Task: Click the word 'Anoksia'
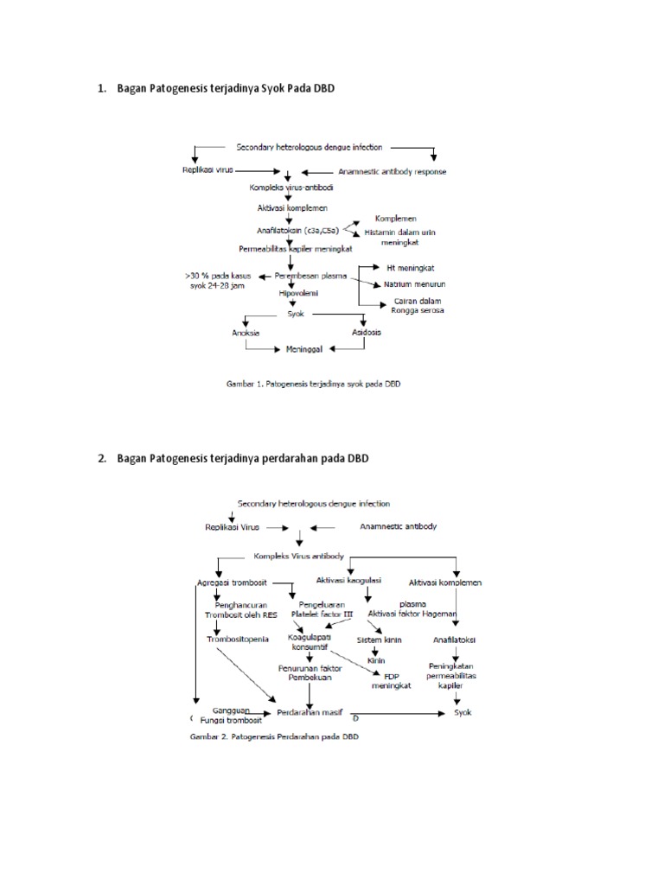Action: click(246, 332)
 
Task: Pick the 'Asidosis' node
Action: click(367, 332)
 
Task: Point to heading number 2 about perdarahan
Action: click(233, 458)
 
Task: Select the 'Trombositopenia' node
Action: click(237, 640)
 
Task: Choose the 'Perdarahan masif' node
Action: click(310, 713)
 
